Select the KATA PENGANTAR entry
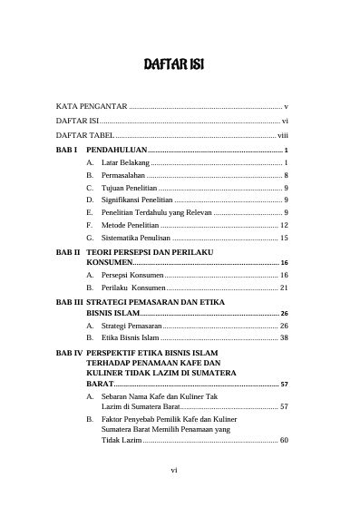[92, 106]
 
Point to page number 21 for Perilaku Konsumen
[284, 288]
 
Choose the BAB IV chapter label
[70, 350]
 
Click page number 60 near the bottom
[284, 440]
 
